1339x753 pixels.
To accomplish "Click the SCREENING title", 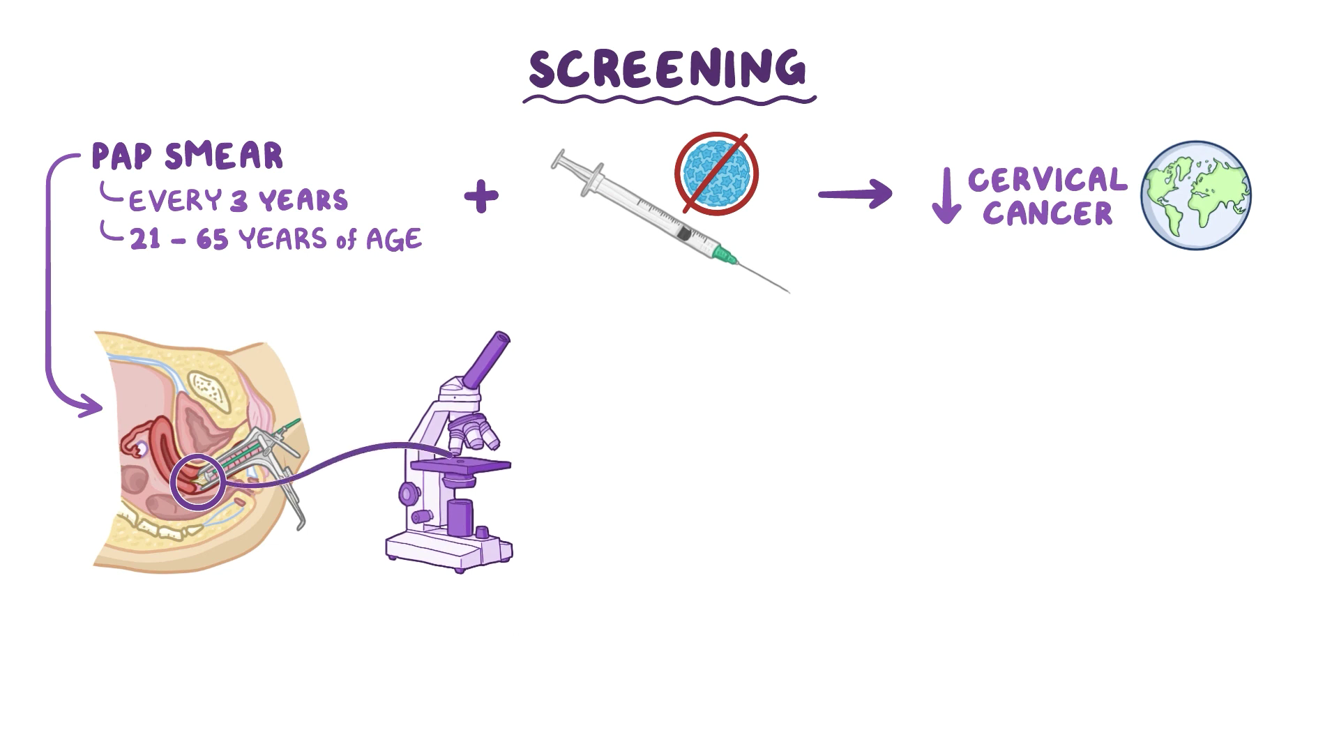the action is (667, 68).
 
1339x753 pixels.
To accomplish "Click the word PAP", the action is (121, 156).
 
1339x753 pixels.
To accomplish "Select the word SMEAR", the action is (224, 156).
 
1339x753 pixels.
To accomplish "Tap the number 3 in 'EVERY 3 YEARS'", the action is (239, 201).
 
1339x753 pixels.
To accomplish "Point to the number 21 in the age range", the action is (146, 240).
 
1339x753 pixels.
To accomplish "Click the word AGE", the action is (393, 240).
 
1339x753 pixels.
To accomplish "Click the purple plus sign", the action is (481, 197).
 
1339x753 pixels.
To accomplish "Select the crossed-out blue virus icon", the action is (716, 172).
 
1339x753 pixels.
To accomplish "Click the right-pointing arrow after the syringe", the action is (855, 194).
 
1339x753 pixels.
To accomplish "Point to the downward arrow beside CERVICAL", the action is (946, 197).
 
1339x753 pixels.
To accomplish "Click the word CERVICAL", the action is (1047, 180).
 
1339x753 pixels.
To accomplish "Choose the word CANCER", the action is (1047, 213).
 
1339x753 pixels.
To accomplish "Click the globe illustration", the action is (1196, 195).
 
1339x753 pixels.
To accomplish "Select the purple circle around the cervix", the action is (197, 482).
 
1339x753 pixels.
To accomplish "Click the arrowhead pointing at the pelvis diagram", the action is (93, 405).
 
